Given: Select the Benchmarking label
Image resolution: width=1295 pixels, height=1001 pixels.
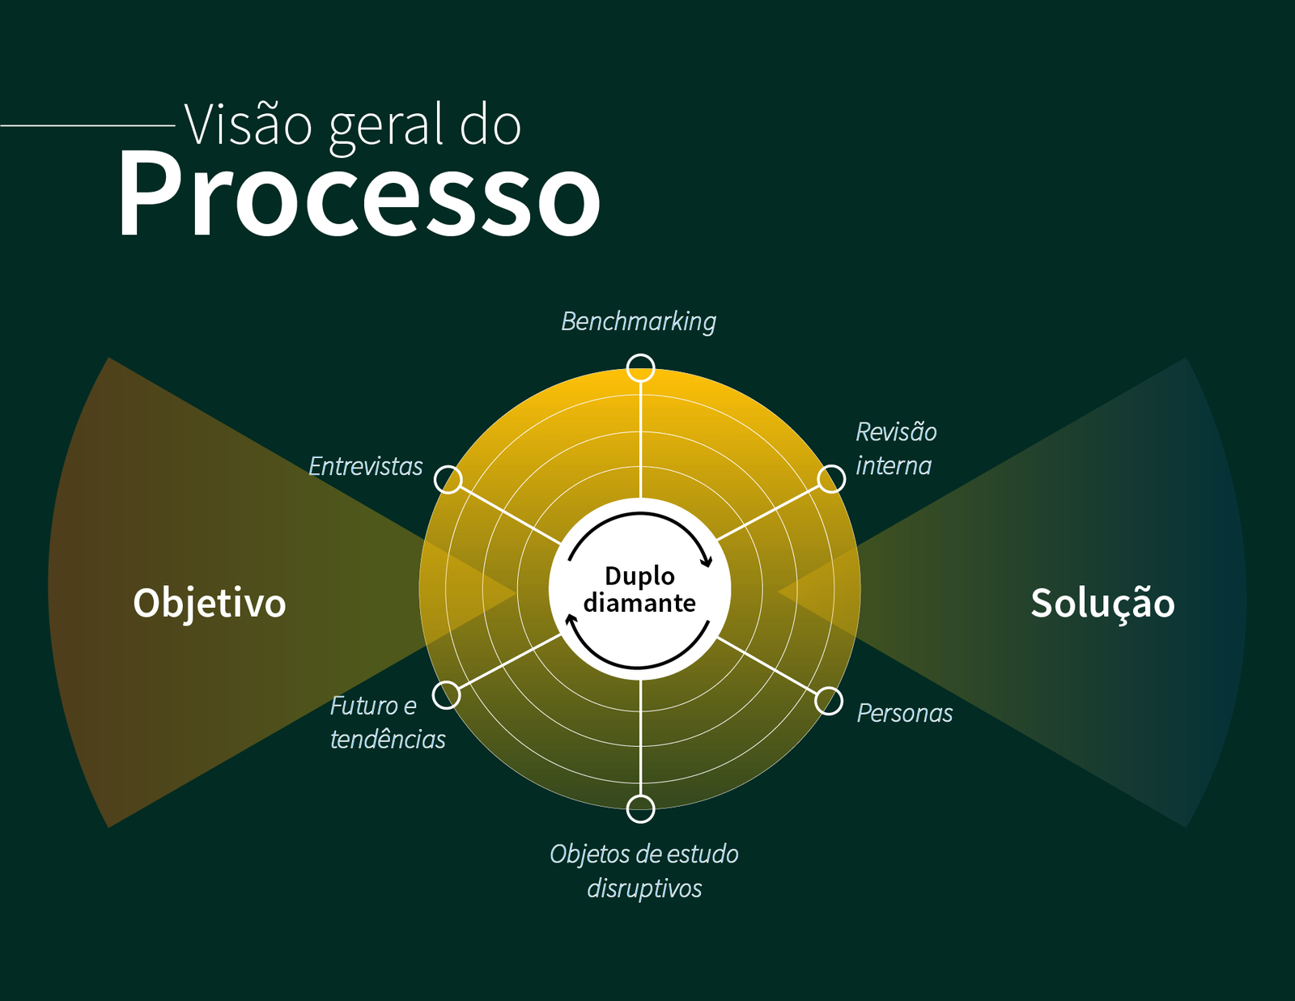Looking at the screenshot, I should (639, 321).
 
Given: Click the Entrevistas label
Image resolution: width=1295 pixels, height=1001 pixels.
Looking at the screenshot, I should (366, 466).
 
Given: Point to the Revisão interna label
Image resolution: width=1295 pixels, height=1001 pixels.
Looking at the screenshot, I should (895, 448).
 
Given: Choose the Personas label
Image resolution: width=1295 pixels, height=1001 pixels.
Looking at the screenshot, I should (904, 713).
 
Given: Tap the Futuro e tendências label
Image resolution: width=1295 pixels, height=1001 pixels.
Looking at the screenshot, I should (387, 722).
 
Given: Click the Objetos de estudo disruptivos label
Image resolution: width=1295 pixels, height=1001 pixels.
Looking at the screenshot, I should (644, 871).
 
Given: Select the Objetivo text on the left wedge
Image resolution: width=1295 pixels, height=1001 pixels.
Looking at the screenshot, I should (210, 603).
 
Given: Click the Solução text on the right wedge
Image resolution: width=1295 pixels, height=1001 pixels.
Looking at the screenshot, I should (1102, 603).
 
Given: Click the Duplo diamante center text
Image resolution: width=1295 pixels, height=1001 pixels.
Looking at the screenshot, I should (639, 589).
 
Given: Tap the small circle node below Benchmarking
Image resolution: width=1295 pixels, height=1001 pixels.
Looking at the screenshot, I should (641, 367).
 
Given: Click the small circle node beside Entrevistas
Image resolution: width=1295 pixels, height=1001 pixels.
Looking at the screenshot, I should (448, 479).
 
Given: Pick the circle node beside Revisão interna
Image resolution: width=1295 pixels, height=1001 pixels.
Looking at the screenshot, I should (831, 478).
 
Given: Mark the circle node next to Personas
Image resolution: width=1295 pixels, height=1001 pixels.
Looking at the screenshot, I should (829, 701).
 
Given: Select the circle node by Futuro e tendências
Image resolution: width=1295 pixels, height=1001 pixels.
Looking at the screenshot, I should (446, 694).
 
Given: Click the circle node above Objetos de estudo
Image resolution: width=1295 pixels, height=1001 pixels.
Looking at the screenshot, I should (641, 808).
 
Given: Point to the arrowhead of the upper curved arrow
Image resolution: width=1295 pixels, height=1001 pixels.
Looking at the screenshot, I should (707, 561).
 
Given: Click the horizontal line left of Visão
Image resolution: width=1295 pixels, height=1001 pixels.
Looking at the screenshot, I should (87, 125).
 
